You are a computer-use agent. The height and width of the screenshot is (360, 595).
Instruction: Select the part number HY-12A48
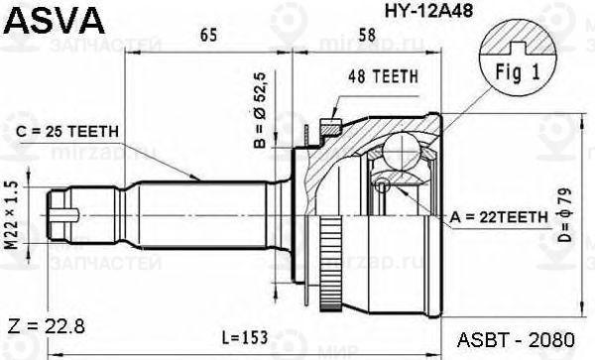pos(428,11)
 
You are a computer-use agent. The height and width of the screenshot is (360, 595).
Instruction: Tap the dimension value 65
pos(208,35)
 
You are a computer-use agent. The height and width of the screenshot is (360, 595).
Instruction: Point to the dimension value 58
pos(367,35)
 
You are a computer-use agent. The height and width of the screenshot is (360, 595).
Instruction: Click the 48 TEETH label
pos(383,76)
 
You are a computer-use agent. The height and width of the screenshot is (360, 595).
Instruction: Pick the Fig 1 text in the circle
pos(518,72)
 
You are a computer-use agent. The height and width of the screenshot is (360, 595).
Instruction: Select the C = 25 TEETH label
pos(67,132)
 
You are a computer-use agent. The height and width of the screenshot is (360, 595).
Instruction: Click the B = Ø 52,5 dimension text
pos(260,110)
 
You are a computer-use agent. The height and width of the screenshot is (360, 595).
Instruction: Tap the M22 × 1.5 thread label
pos(12,215)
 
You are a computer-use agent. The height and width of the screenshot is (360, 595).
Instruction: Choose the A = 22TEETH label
pos(499,217)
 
